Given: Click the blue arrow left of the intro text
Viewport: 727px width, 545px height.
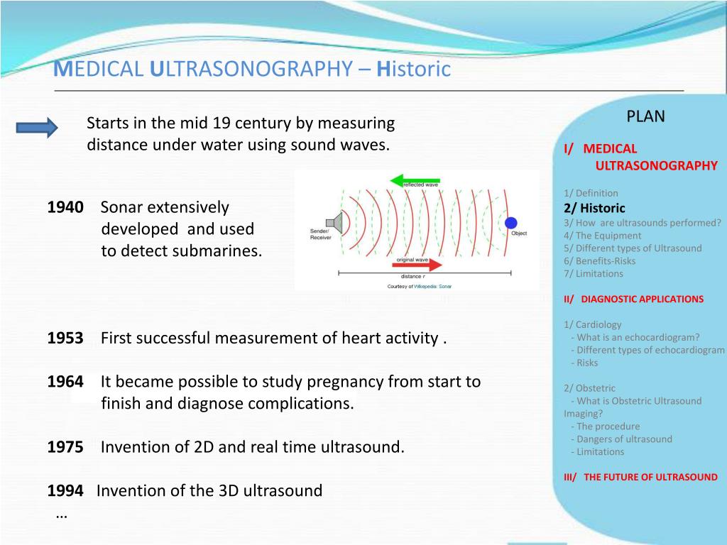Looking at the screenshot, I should point(37,128).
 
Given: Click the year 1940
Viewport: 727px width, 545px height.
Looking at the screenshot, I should point(65,207).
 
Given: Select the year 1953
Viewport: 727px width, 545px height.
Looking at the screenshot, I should point(65,338).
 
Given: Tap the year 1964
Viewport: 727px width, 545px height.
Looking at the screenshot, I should point(65,382).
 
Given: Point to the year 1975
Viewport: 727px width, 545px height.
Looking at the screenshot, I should point(65,447).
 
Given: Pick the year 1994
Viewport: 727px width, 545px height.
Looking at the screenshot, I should point(65,490).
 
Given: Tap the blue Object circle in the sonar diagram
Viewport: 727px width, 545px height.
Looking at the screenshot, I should point(510,223).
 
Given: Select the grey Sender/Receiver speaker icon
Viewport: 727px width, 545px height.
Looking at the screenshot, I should point(337,224).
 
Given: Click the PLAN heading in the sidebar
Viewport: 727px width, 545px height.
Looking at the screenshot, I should point(645,116).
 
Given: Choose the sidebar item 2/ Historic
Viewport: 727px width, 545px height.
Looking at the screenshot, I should point(594,208).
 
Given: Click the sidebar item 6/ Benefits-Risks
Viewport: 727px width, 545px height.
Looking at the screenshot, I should point(600,260).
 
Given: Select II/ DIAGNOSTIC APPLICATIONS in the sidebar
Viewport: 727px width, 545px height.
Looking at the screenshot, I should point(633,299).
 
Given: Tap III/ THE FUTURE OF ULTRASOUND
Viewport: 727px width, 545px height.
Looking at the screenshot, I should point(640,477).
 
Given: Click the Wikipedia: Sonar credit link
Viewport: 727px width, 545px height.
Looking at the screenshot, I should point(432,286).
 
